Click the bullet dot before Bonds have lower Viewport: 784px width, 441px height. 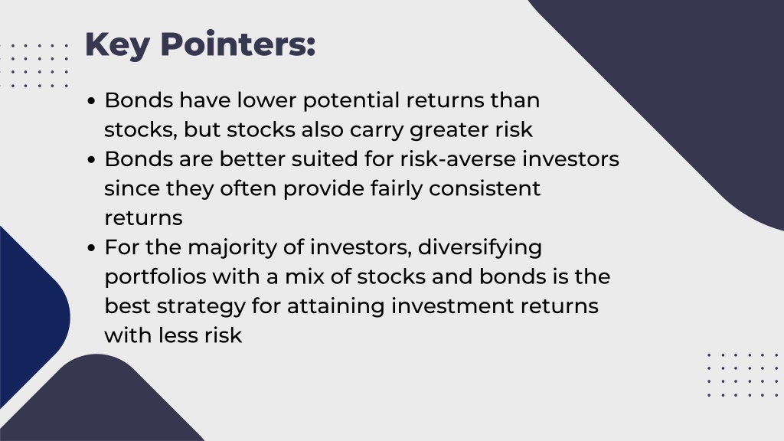point(91,100)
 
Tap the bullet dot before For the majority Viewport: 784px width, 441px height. point(91,248)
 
